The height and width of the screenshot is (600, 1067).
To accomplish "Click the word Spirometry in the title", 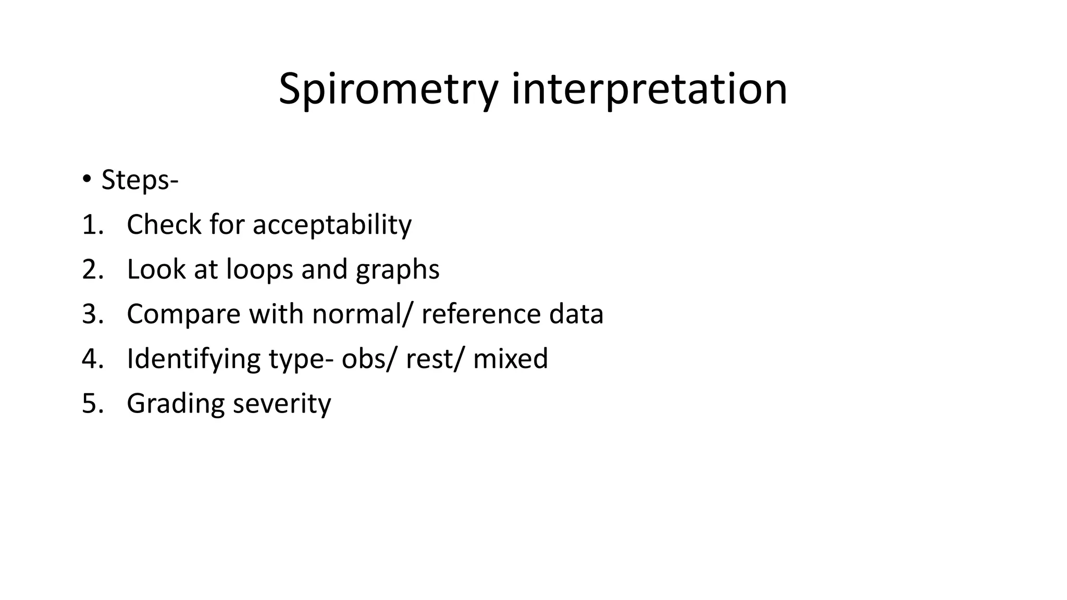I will [x=388, y=90].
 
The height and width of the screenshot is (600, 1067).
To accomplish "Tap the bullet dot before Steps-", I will [x=86, y=179].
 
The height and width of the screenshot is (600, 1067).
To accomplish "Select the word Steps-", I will [x=140, y=180].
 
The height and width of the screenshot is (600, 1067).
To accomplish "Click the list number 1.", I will [x=93, y=225].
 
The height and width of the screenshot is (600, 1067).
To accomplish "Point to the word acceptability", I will [x=332, y=225].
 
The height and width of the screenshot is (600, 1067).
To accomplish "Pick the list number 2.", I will [x=93, y=270].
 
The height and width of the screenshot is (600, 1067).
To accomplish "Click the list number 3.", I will [x=93, y=315].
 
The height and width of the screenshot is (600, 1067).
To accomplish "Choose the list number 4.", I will [x=93, y=359].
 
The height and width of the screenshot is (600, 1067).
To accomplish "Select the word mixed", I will [x=510, y=359].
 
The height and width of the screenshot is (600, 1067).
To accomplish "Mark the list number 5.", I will [x=93, y=404].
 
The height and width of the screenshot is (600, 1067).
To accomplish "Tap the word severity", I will [x=281, y=404].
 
